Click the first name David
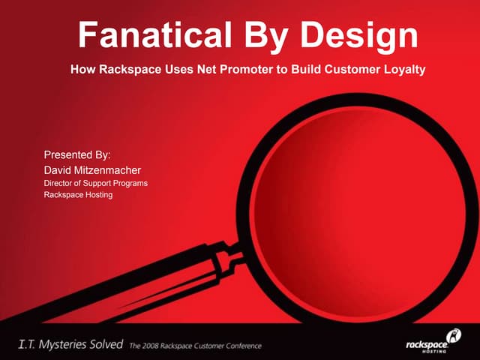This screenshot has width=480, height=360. coord(58,169)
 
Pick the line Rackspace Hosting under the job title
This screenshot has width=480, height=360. coord(78,195)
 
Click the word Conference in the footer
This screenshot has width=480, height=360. coord(241,346)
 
